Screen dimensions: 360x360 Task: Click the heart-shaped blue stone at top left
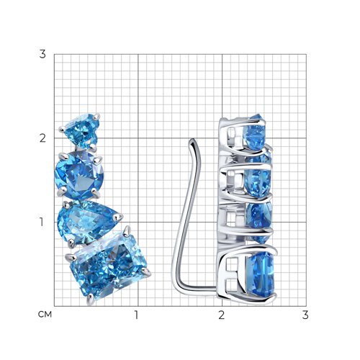pos(81,131)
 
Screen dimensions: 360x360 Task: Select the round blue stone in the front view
pos(79,176)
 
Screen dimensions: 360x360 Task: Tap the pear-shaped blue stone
pos(87,222)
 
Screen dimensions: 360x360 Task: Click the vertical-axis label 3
pos(42,55)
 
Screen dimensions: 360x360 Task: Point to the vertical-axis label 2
pos(42,138)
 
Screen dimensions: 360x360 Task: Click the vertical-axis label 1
pos(42,222)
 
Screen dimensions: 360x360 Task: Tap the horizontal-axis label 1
pos(136,315)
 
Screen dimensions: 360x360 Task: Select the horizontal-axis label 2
pos(221,315)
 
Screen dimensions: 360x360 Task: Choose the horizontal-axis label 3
pos(305,315)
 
